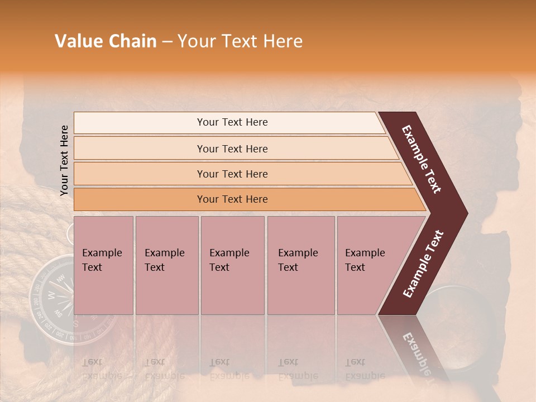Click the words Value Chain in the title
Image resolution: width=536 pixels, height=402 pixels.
coord(106,41)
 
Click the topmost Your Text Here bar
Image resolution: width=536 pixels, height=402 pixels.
coord(232,122)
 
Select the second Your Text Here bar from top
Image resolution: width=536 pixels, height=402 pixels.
coord(232,149)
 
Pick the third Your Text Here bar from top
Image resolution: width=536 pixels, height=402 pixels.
coord(232,174)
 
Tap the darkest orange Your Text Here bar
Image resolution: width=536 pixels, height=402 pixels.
coord(232,199)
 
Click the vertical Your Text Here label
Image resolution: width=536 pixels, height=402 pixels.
coord(64,160)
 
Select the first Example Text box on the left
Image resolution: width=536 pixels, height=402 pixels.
coord(103,265)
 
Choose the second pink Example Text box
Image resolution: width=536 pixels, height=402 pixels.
coord(166,265)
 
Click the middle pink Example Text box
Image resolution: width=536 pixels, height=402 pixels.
coord(232,265)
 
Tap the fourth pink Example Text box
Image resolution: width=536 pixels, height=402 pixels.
coord(300,265)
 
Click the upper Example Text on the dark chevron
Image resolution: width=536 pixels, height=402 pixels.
coord(422,159)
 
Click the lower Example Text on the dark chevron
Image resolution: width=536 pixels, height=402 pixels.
coord(423,264)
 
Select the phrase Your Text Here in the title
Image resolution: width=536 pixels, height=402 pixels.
coord(240,41)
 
